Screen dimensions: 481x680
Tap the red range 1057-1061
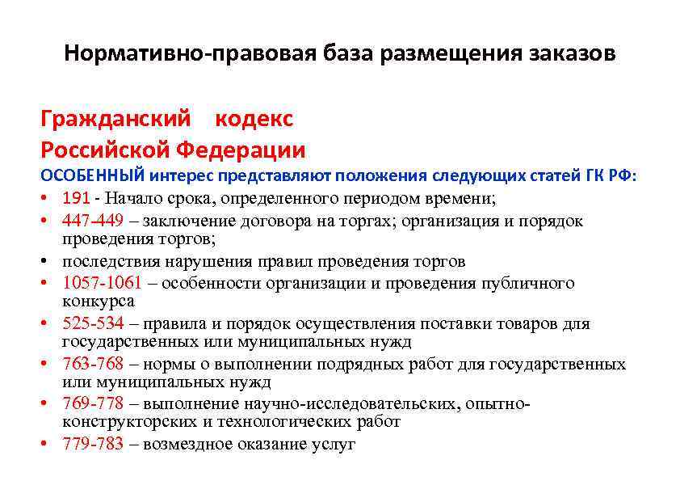tap(102, 282)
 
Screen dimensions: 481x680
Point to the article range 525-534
tap(93, 323)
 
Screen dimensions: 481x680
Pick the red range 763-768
tap(93, 364)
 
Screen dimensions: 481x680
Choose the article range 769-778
tap(93, 403)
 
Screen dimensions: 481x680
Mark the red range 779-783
tap(93, 444)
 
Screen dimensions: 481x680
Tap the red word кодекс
tap(254, 119)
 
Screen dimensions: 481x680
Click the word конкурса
tap(99, 301)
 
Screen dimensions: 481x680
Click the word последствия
tap(112, 262)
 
